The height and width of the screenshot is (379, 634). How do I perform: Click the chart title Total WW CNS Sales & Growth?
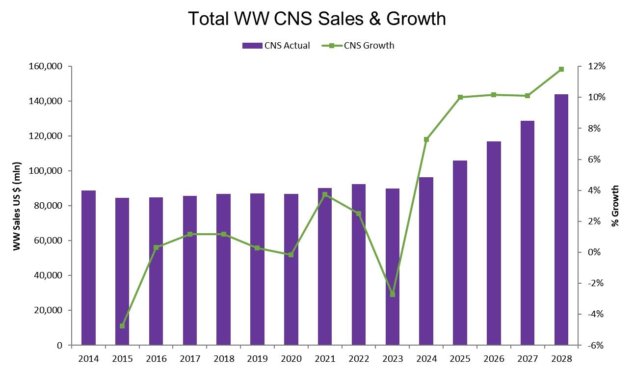(317, 19)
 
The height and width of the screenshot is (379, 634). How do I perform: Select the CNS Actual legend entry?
(276, 46)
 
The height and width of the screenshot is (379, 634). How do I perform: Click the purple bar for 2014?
(88, 268)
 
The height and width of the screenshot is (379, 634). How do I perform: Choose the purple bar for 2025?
(460, 253)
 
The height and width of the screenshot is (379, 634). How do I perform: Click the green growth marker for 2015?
(122, 326)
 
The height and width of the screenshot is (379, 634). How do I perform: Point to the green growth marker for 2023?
(393, 294)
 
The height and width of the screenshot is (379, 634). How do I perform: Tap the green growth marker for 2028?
(561, 69)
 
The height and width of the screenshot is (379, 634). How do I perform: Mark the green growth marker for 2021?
(325, 194)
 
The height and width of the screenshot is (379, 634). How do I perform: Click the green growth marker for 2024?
(426, 139)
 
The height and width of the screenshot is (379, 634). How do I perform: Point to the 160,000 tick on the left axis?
(48, 66)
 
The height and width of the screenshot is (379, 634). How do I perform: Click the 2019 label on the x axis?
(257, 359)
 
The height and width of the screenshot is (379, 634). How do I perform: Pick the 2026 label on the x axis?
(494, 359)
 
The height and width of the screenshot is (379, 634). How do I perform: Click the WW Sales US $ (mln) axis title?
(17, 206)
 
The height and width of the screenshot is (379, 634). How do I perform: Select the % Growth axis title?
(615, 206)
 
